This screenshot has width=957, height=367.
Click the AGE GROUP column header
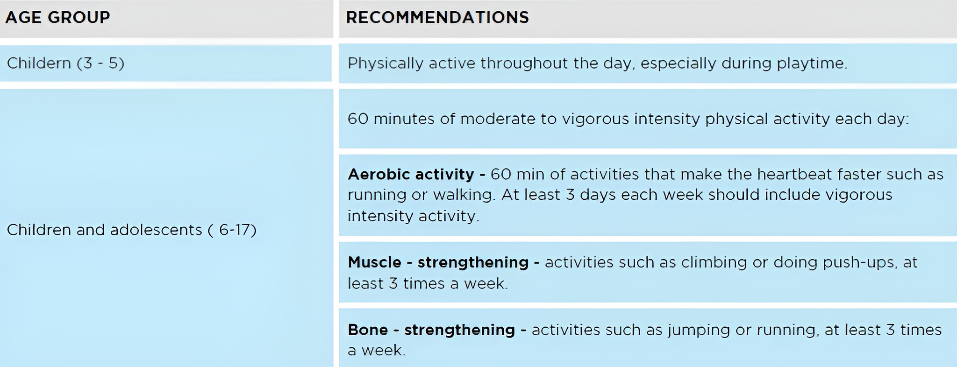pyautogui.click(x=57, y=17)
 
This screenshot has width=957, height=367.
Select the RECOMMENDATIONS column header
pyautogui.click(x=437, y=17)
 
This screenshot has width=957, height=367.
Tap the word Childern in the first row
pyautogui.click(x=39, y=63)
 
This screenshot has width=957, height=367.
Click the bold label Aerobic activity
pyautogui.click(x=411, y=175)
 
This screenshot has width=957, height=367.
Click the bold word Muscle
pyautogui.click(x=374, y=262)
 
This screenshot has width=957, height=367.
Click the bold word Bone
pyautogui.click(x=368, y=330)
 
